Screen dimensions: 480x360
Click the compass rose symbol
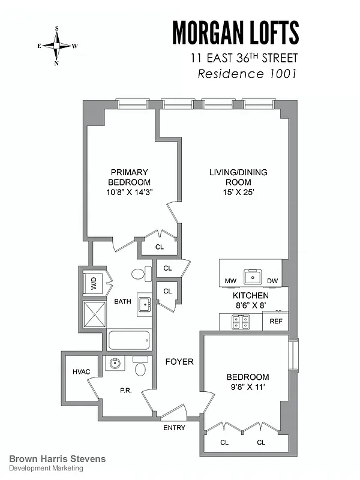point(58,46)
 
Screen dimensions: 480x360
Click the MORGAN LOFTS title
point(236,32)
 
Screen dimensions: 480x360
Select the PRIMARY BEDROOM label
point(129,177)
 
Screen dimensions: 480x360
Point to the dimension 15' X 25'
point(238,193)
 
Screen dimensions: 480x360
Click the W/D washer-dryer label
point(94,284)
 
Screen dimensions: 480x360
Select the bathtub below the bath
point(128,342)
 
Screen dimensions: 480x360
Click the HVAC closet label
point(81,372)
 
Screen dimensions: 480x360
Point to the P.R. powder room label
point(126,390)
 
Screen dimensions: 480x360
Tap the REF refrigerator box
point(276,321)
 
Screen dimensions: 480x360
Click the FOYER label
point(179,362)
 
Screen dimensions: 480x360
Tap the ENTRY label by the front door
point(174,428)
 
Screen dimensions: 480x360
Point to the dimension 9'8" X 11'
point(247,387)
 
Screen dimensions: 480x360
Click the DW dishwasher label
point(272,281)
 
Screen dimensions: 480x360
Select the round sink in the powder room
point(113,363)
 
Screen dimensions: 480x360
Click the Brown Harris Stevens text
point(58,459)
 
